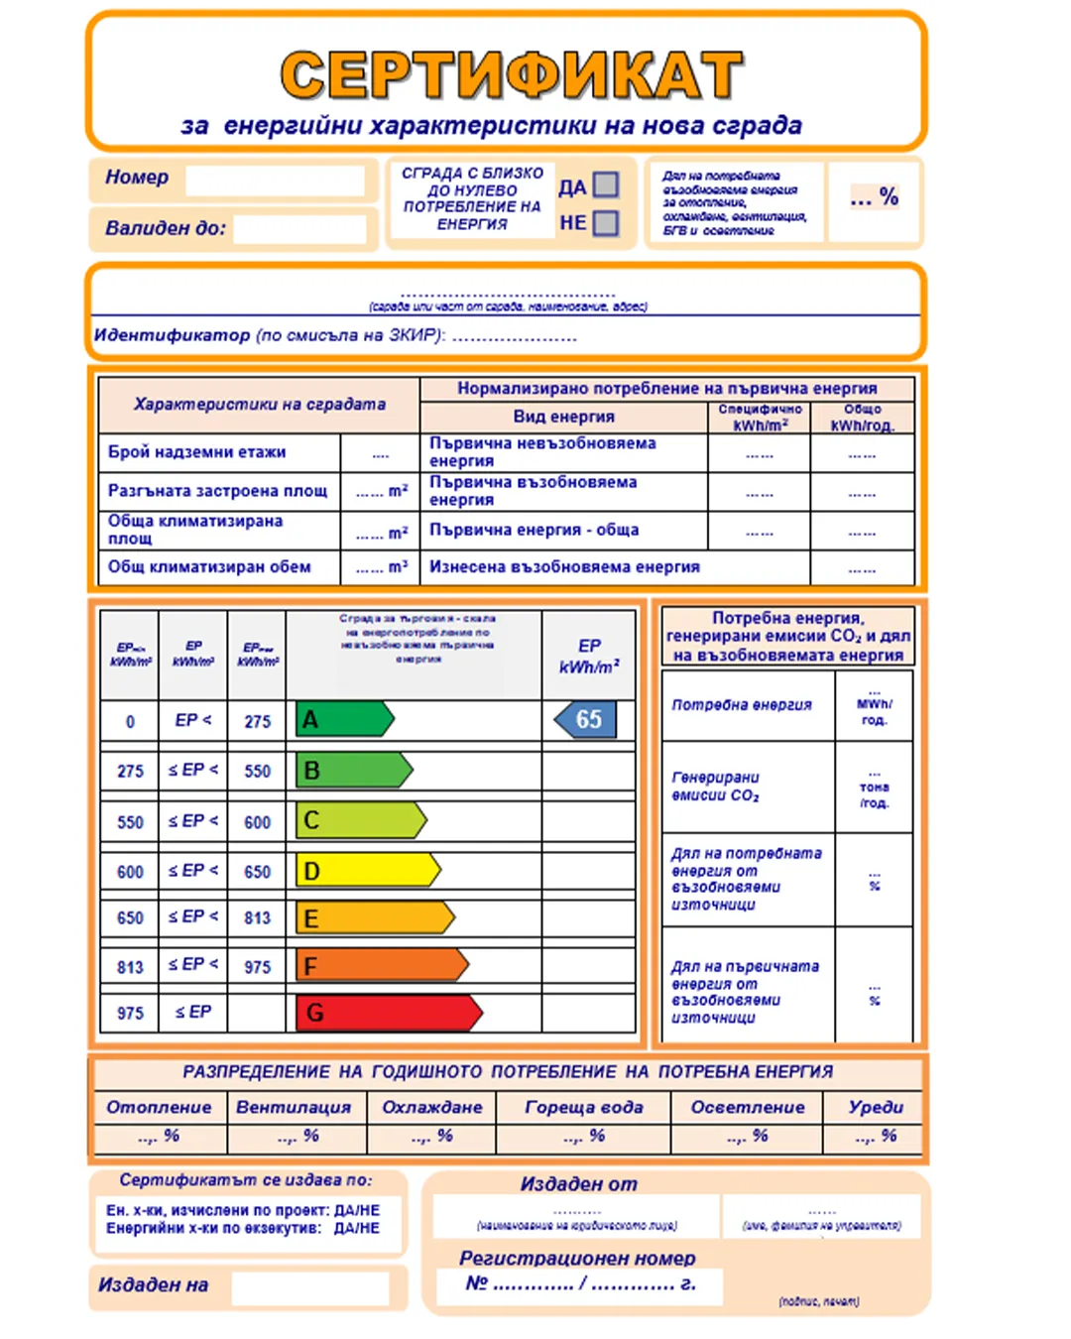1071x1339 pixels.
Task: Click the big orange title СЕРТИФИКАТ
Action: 512,75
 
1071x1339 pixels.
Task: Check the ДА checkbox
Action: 606,185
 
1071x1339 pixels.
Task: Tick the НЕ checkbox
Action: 606,223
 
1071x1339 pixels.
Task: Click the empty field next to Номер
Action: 275,181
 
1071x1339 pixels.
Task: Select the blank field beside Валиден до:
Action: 299,229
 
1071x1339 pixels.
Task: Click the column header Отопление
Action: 159,1107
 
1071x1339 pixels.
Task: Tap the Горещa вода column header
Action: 583,1107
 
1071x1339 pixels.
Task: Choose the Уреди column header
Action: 876,1107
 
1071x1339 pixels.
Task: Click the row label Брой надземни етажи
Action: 196,452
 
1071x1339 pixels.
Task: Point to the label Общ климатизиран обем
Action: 209,567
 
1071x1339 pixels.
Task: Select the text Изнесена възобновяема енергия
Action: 564,567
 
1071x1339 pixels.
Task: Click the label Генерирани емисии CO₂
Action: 716,787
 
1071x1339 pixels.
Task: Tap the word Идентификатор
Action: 172,335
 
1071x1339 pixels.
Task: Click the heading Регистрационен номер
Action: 577,1258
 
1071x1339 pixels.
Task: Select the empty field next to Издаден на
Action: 309,1287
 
